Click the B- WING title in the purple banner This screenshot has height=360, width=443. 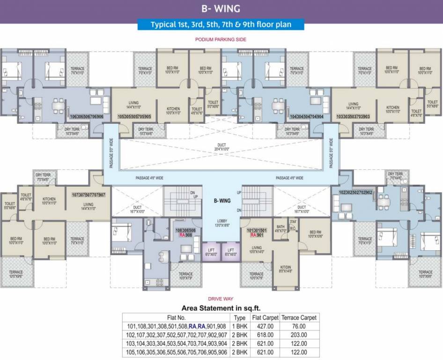(221, 8)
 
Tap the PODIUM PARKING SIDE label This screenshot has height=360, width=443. (221, 40)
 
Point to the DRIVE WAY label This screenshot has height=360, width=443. (221, 299)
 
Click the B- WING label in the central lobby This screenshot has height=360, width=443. (222, 201)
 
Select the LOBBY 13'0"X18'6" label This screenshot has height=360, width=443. (222, 224)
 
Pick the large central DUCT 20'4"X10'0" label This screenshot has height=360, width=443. (221, 147)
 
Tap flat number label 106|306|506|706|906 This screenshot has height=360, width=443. (87, 116)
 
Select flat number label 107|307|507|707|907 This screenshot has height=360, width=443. (89, 195)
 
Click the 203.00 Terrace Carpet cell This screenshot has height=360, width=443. (298, 335)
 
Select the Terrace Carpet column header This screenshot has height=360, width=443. (299, 317)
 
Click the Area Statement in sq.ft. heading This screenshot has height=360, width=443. (221, 307)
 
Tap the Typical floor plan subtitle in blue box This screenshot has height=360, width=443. (221, 25)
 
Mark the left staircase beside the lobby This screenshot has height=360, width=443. (183, 201)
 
